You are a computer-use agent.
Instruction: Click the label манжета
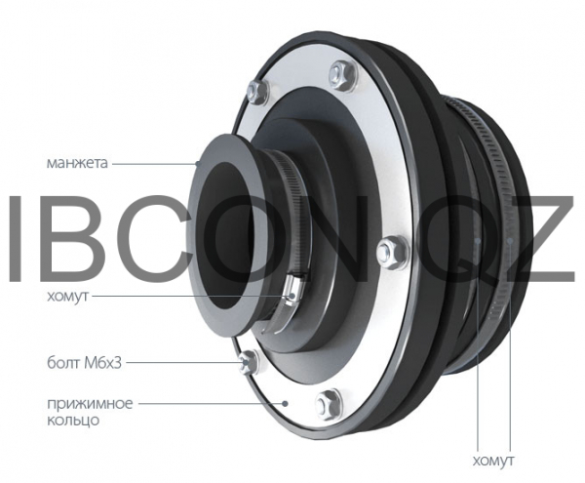click(77, 163)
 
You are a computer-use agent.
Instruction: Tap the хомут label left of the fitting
click(67, 296)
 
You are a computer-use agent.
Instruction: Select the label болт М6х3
click(84, 362)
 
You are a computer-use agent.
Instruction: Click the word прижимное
click(90, 404)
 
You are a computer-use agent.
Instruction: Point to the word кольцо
click(73, 421)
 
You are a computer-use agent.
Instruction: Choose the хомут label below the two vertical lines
click(492, 461)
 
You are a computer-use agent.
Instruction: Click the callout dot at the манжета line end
click(199, 163)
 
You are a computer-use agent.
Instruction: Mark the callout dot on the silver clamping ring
click(286, 403)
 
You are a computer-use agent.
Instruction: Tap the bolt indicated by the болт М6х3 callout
click(248, 362)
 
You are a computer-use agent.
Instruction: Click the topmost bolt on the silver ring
click(340, 74)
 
